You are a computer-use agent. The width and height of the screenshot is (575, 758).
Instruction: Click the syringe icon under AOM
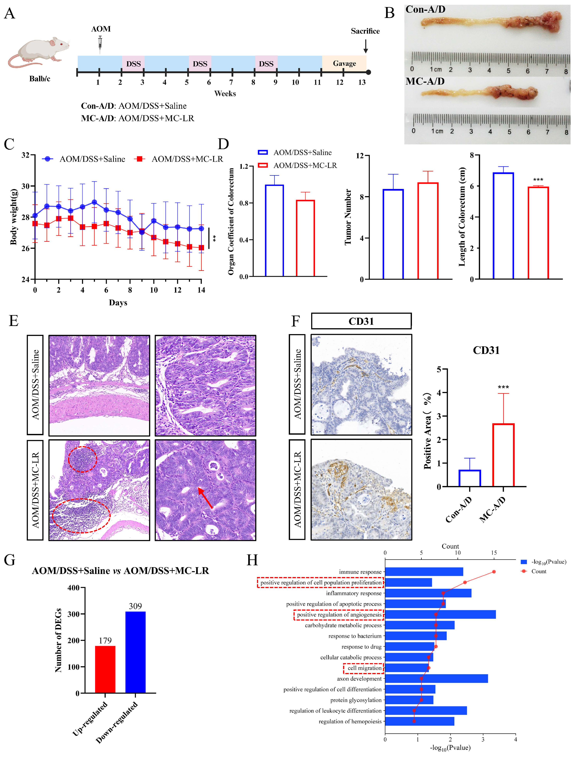[x=100, y=44]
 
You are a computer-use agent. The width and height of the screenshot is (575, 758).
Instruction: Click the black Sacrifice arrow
[x=365, y=46]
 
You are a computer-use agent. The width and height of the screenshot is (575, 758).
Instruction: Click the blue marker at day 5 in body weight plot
[x=94, y=202]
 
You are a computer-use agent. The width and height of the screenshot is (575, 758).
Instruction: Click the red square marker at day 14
[x=201, y=247]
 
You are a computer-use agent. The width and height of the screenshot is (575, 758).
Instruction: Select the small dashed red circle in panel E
[x=82, y=459]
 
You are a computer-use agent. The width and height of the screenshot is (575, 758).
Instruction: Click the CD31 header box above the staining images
[x=361, y=321]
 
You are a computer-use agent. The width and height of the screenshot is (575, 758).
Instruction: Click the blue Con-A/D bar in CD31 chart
[x=469, y=478]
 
